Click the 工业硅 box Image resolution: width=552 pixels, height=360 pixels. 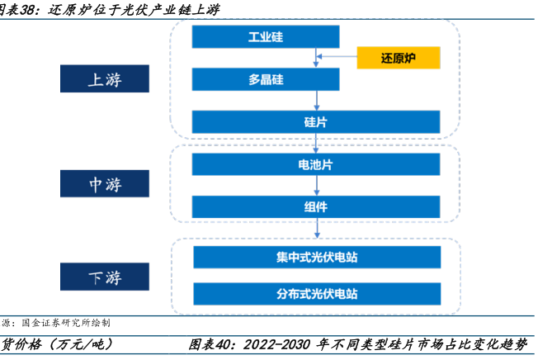coord(266,36)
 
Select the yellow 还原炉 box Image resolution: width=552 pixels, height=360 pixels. coord(399,58)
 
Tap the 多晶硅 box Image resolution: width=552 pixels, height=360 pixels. coord(266,79)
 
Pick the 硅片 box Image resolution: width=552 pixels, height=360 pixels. coord(316,122)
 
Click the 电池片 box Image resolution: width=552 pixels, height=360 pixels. coord(316,164)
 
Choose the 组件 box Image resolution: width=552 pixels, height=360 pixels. coord(316,206)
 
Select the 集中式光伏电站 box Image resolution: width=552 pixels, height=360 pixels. coord(317,257)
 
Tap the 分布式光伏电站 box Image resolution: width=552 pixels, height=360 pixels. coord(317,294)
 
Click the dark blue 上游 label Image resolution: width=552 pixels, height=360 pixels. coord(105,78)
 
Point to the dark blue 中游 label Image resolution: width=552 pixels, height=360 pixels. coord(105,183)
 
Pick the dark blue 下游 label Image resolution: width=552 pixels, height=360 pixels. coord(105,277)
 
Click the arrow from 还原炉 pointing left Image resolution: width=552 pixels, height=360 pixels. coord(337,56)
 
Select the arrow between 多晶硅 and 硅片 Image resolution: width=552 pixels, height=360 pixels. coord(317,101)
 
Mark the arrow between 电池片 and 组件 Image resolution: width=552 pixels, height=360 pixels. coord(317,185)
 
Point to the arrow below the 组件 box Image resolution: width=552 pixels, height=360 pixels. coord(317,228)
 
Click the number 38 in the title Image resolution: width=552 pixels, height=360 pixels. coord(28,10)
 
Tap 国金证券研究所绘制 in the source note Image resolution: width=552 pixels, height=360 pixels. coord(66,323)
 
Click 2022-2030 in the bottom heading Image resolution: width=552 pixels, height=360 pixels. coord(276,344)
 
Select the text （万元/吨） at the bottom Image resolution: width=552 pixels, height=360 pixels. coord(81,344)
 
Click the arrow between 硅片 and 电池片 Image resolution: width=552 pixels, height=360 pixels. coord(316,143)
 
